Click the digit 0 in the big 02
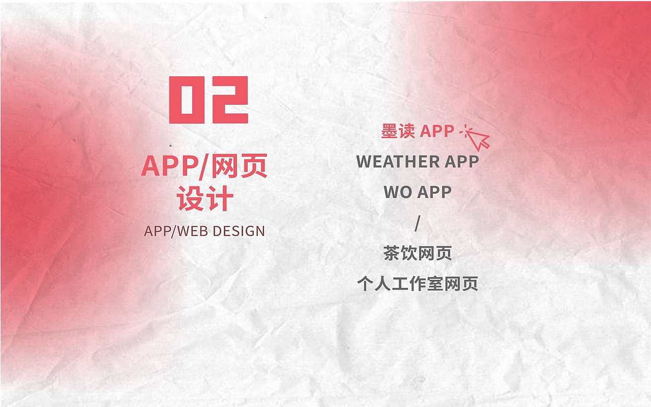coord(186,100)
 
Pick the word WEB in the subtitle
coord(193,231)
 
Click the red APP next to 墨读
coord(437,131)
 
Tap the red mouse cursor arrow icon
coord(478,137)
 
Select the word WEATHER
coord(398,162)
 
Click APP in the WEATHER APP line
coord(462,162)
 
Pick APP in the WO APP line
coord(434,192)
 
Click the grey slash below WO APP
coord(418,223)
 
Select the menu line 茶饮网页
coord(418,253)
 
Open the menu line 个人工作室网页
coord(418,284)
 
